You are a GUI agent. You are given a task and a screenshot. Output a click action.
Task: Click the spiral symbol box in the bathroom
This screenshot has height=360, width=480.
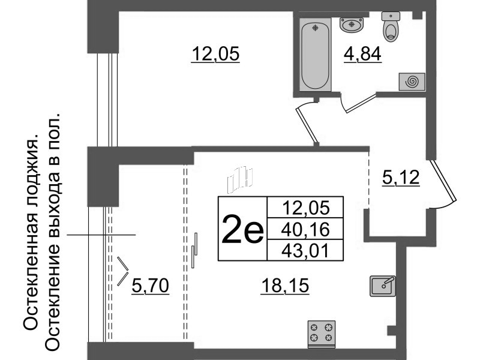pyautogui.click(x=412, y=82)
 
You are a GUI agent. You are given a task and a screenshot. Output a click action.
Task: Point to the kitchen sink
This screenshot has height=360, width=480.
pyautogui.click(x=382, y=285)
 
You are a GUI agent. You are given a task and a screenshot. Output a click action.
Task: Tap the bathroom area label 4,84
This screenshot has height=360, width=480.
pyautogui.click(x=362, y=55)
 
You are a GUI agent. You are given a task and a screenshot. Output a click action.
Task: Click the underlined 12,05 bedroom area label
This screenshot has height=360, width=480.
pyautogui.click(x=215, y=55)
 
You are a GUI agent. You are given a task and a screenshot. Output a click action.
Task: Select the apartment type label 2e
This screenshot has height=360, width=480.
pyautogui.click(x=242, y=230)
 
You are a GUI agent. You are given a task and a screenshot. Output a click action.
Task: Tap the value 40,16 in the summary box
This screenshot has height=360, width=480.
pyautogui.click(x=306, y=228)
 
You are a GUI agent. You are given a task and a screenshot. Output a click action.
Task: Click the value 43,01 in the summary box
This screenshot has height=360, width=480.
pyautogui.click(x=306, y=249)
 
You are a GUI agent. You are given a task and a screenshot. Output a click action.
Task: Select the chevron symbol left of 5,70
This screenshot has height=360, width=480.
pyautogui.click(x=124, y=271)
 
